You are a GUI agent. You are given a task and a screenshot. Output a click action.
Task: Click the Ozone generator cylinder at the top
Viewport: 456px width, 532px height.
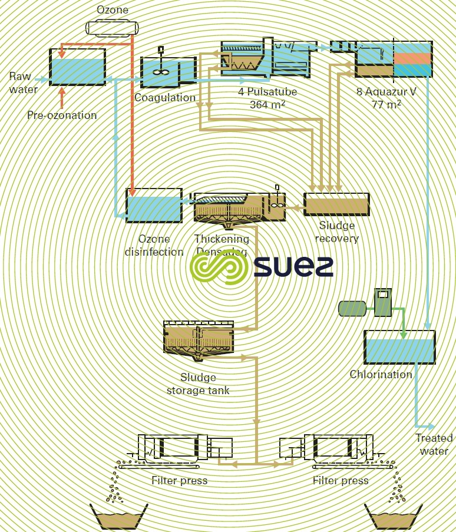[x=111, y=27]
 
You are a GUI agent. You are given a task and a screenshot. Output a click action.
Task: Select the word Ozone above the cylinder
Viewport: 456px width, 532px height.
[x=112, y=10]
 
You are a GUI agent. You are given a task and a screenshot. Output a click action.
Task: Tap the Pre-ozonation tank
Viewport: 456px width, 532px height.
[x=77, y=67]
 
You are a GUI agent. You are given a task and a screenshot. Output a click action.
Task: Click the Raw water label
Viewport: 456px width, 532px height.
[x=23, y=83]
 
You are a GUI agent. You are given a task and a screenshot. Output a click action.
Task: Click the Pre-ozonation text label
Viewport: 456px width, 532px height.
[x=62, y=115]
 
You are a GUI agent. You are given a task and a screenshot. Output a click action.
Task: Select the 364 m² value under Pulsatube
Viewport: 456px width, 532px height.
[x=267, y=104]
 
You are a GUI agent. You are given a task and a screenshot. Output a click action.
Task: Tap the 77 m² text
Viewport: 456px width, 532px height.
[x=386, y=105]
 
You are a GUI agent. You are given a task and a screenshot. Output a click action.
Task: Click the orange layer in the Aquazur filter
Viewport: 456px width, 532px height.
[x=412, y=58]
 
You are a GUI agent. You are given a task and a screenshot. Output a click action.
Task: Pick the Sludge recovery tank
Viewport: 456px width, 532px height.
[x=336, y=204]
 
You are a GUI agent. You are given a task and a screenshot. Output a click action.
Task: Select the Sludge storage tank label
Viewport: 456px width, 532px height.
[x=198, y=384]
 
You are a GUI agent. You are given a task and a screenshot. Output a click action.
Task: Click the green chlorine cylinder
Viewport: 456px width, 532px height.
[x=352, y=308]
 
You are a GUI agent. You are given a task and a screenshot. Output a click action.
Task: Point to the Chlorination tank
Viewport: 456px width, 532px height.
[x=400, y=347]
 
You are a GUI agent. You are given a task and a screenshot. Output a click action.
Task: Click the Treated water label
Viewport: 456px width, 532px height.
[x=434, y=444]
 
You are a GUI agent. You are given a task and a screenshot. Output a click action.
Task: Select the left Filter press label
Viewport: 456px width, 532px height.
[x=179, y=480]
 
